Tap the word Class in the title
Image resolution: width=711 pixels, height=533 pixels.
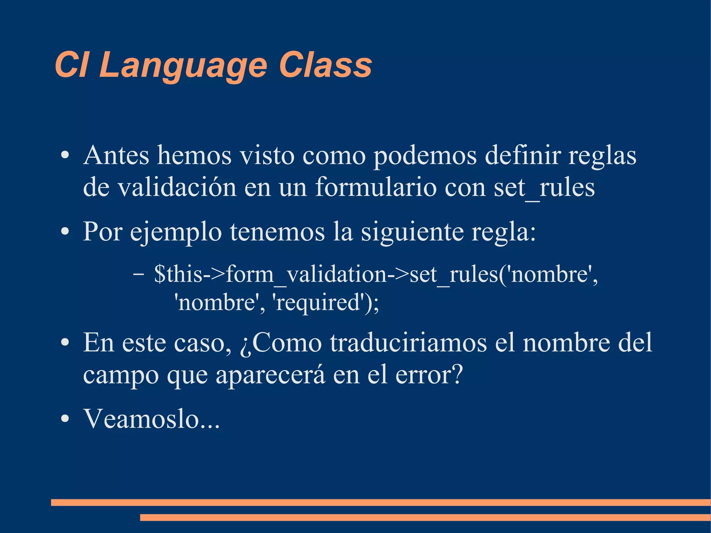325,65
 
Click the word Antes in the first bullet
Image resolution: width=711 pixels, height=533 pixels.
116,155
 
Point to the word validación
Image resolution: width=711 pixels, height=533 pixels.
177,188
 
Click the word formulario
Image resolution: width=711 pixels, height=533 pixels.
375,188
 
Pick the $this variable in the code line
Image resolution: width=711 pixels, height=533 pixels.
178,274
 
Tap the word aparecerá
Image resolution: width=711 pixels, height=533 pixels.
270,375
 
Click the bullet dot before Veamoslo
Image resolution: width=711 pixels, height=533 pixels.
65,419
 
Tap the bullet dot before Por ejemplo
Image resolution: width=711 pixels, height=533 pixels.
65,232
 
